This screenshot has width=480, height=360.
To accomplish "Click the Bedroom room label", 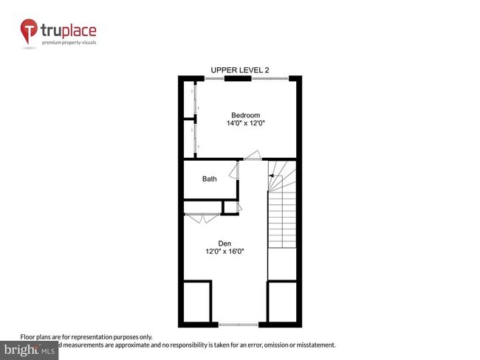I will tap(246, 115).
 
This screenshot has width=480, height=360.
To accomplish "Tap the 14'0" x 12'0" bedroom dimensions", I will tap(246, 124).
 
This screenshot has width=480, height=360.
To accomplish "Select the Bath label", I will tap(210, 179).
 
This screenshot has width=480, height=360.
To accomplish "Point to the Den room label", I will tap(224, 243).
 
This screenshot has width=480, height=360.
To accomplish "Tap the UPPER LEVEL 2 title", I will tap(240, 70).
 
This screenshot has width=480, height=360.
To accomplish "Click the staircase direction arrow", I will tap(271, 175).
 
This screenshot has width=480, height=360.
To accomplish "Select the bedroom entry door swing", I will tap(253, 156).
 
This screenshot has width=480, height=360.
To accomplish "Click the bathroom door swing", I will tap(233, 171).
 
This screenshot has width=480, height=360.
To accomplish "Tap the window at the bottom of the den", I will tap(239, 324).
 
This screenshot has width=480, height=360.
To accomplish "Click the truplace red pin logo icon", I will tap(28, 31).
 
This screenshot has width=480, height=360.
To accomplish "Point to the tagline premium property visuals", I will tap(69, 43).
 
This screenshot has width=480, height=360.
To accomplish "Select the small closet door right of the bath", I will tap(239, 207).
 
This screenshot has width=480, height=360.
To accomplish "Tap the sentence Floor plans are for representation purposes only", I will tap(86, 336).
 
